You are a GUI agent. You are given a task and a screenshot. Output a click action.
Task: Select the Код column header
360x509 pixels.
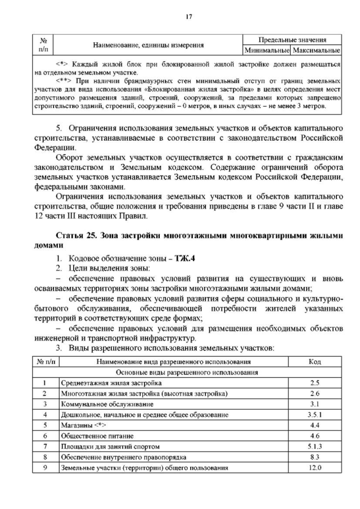[315, 362]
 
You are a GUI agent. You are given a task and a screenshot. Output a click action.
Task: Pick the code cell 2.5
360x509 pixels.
[315, 383]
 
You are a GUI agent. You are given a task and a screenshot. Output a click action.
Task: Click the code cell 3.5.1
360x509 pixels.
[315, 415]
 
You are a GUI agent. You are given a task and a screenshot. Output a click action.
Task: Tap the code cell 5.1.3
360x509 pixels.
[315, 447]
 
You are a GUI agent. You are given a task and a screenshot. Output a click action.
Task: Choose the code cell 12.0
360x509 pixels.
[315, 468]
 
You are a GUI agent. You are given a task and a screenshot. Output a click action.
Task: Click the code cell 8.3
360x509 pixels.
[315, 457]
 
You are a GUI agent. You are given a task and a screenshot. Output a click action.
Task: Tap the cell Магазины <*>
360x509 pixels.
[83, 425]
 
